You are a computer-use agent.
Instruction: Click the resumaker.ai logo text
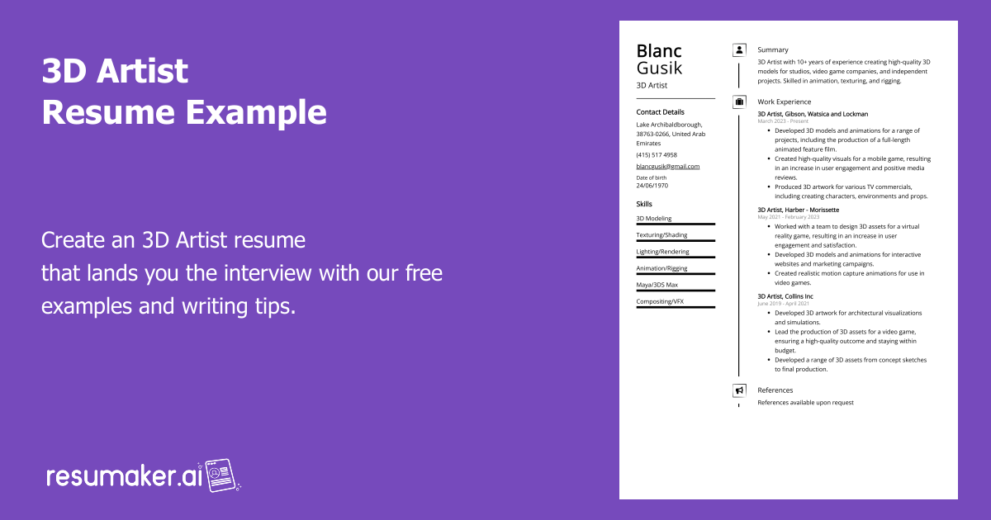click(x=123, y=476)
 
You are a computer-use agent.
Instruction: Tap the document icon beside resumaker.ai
click(x=221, y=475)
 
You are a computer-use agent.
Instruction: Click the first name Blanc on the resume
click(x=659, y=51)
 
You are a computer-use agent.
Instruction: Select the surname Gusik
click(x=659, y=69)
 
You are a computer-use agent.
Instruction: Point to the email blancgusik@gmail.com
click(x=667, y=166)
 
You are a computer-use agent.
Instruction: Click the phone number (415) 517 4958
click(x=657, y=154)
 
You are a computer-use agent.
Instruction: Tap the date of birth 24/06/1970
click(x=652, y=186)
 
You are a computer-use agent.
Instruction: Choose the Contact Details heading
click(x=660, y=111)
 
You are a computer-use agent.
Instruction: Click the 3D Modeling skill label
click(x=654, y=219)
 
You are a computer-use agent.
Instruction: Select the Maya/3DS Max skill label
click(x=657, y=285)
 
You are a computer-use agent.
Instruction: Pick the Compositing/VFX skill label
click(x=660, y=301)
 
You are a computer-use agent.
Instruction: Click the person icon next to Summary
click(x=739, y=50)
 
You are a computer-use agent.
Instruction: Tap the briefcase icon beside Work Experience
click(x=739, y=102)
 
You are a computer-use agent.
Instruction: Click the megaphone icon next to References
click(x=739, y=390)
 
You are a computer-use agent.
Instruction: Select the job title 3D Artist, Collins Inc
click(x=785, y=296)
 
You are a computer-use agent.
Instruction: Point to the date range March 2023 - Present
click(x=783, y=121)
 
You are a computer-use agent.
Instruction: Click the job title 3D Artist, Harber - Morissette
click(x=798, y=210)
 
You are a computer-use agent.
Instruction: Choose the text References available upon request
click(x=805, y=403)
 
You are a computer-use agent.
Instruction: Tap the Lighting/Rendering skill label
click(x=662, y=252)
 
